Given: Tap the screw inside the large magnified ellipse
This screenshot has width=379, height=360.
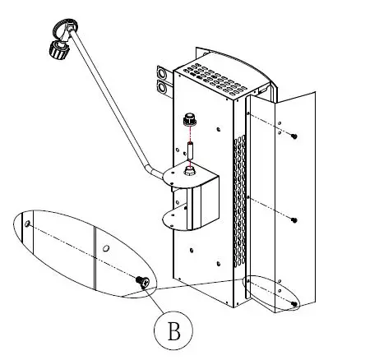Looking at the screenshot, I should (x=143, y=283).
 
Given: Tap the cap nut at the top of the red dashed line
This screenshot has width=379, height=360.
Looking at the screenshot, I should (x=190, y=120).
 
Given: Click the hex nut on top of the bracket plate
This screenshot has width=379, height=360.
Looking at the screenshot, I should (x=190, y=170).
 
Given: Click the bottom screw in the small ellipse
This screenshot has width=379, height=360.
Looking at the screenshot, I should (x=293, y=303).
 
